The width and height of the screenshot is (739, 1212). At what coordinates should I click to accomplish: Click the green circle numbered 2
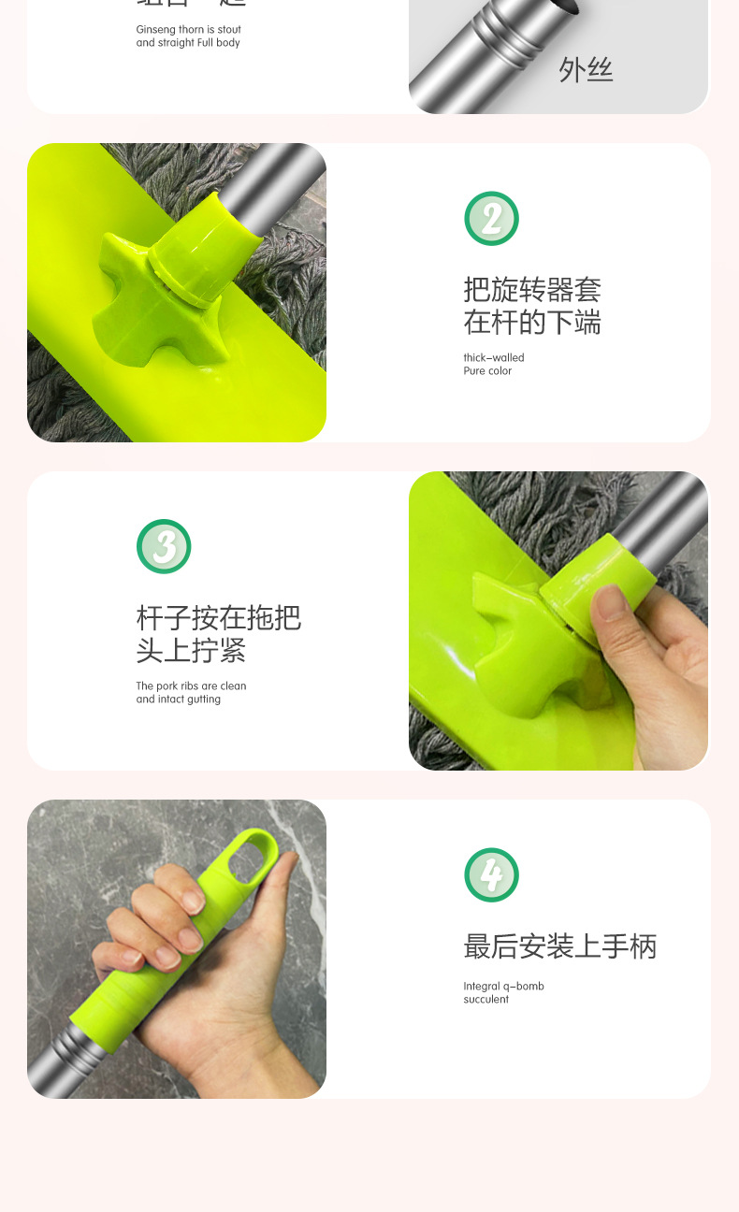[x=491, y=219]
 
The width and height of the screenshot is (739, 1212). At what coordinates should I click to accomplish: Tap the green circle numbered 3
[x=164, y=547]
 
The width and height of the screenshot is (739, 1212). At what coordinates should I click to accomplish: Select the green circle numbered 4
[x=491, y=875]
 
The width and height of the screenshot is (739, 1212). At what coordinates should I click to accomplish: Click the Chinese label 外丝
[x=586, y=70]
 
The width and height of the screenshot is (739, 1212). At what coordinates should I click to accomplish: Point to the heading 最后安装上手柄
[x=559, y=946]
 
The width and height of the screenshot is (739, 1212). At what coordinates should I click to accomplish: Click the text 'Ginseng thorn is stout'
[x=188, y=30]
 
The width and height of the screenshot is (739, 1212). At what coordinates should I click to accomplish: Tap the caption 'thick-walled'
[x=494, y=357]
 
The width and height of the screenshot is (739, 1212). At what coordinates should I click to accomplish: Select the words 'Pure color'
[x=487, y=371]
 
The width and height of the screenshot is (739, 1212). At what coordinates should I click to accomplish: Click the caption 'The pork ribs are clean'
[x=191, y=685]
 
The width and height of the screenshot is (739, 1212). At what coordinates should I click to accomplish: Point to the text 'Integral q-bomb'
[x=503, y=986]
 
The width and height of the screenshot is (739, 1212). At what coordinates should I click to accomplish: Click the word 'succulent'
[x=485, y=1000]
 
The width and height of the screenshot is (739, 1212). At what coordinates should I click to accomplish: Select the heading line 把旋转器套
[x=531, y=289]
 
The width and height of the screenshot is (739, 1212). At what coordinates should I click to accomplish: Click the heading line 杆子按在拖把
[x=218, y=618]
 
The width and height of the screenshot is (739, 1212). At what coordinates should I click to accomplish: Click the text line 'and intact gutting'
[x=178, y=700]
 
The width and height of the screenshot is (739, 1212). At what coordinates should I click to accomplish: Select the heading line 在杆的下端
[x=531, y=324]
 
